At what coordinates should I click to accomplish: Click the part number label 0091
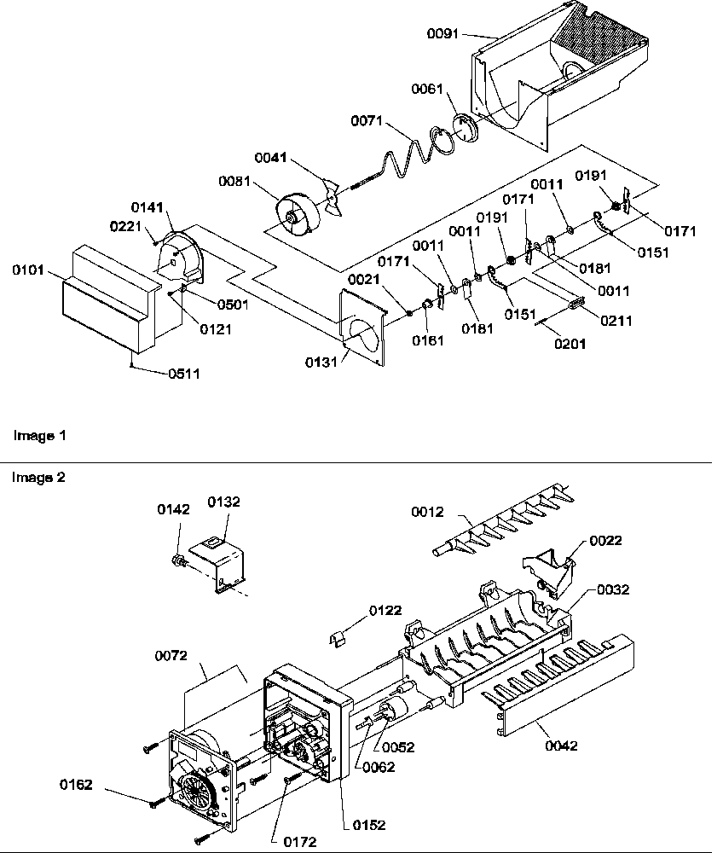click(442, 33)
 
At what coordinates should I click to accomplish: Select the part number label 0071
click(368, 123)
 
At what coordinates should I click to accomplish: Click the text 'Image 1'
click(38, 435)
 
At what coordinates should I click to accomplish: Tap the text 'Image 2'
click(38, 478)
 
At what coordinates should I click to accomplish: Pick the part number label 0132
click(224, 502)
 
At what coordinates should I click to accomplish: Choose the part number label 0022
click(605, 541)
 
